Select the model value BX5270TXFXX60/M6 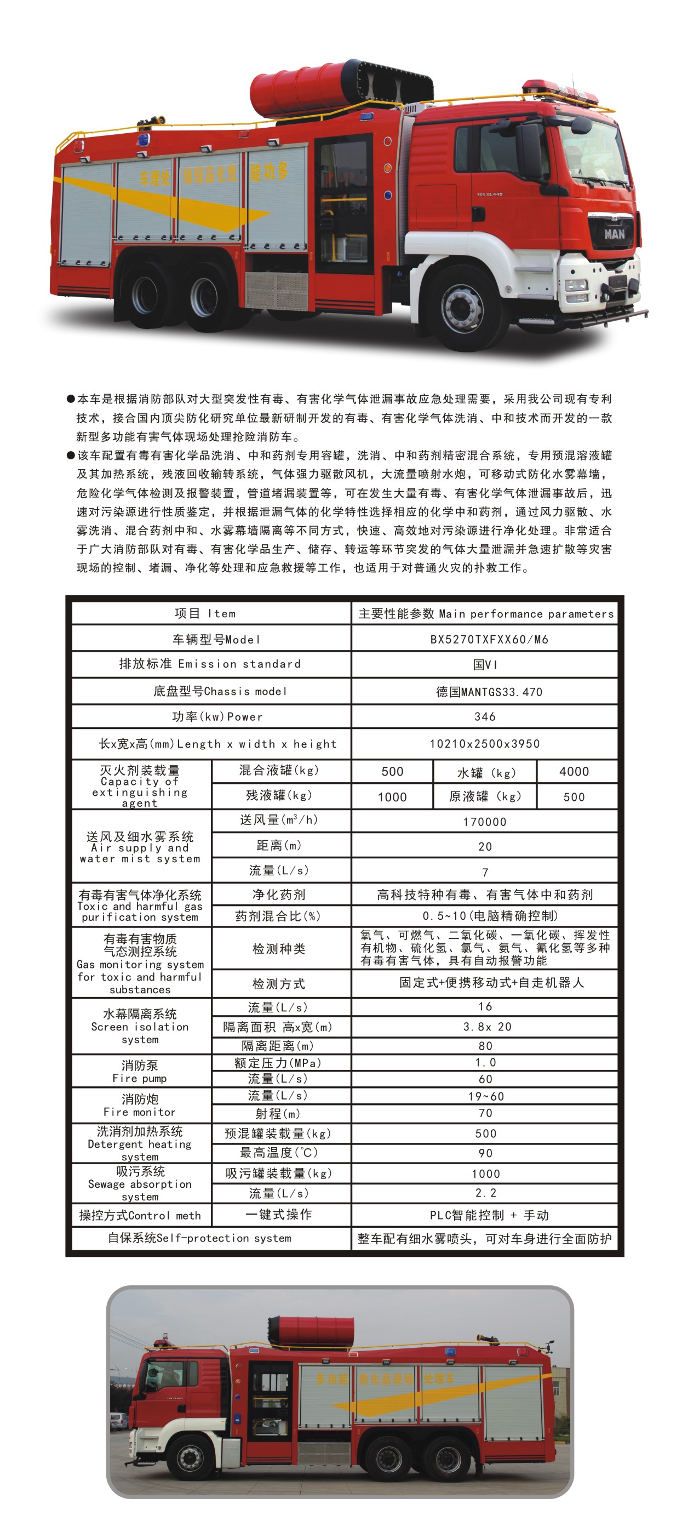click(489, 639)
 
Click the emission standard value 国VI click(485, 664)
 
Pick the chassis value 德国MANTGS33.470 click(489, 692)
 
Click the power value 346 click(485, 716)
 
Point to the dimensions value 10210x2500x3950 click(484, 743)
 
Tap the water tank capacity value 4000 click(574, 772)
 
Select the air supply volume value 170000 click(484, 822)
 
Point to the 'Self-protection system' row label click(199, 1238)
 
